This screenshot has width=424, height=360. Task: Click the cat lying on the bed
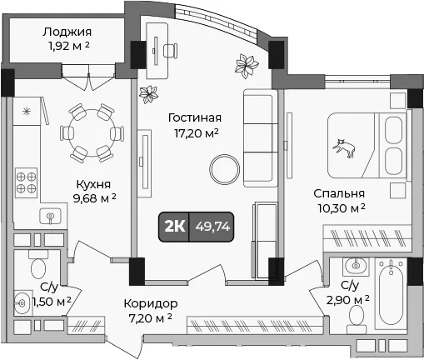coord(345,148)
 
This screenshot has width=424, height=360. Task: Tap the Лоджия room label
coord(67,32)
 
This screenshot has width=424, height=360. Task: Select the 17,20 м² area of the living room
coord(196,133)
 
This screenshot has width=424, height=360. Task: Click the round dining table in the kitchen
coord(92,132)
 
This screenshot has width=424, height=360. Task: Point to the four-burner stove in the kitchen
coord(26,182)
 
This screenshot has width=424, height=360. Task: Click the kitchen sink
coord(50,216)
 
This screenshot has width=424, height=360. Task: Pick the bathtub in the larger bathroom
coord(391,292)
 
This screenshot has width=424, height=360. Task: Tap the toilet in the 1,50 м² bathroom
coord(38,266)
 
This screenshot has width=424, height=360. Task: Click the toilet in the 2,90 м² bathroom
coord(357,316)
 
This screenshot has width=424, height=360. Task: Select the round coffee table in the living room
coord(224,169)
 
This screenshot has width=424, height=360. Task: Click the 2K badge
coord(174,227)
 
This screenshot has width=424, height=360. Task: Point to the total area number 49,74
coord(212,227)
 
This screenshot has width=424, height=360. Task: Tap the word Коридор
coord(151,303)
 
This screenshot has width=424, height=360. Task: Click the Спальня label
coord(339,194)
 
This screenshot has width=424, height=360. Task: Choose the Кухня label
coord(93,184)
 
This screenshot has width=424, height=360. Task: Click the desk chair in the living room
coord(170,51)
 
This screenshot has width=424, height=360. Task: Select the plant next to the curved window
coord(247,66)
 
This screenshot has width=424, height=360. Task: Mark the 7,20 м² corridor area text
coord(151,318)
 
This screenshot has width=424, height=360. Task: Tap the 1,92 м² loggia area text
coord(69,46)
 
